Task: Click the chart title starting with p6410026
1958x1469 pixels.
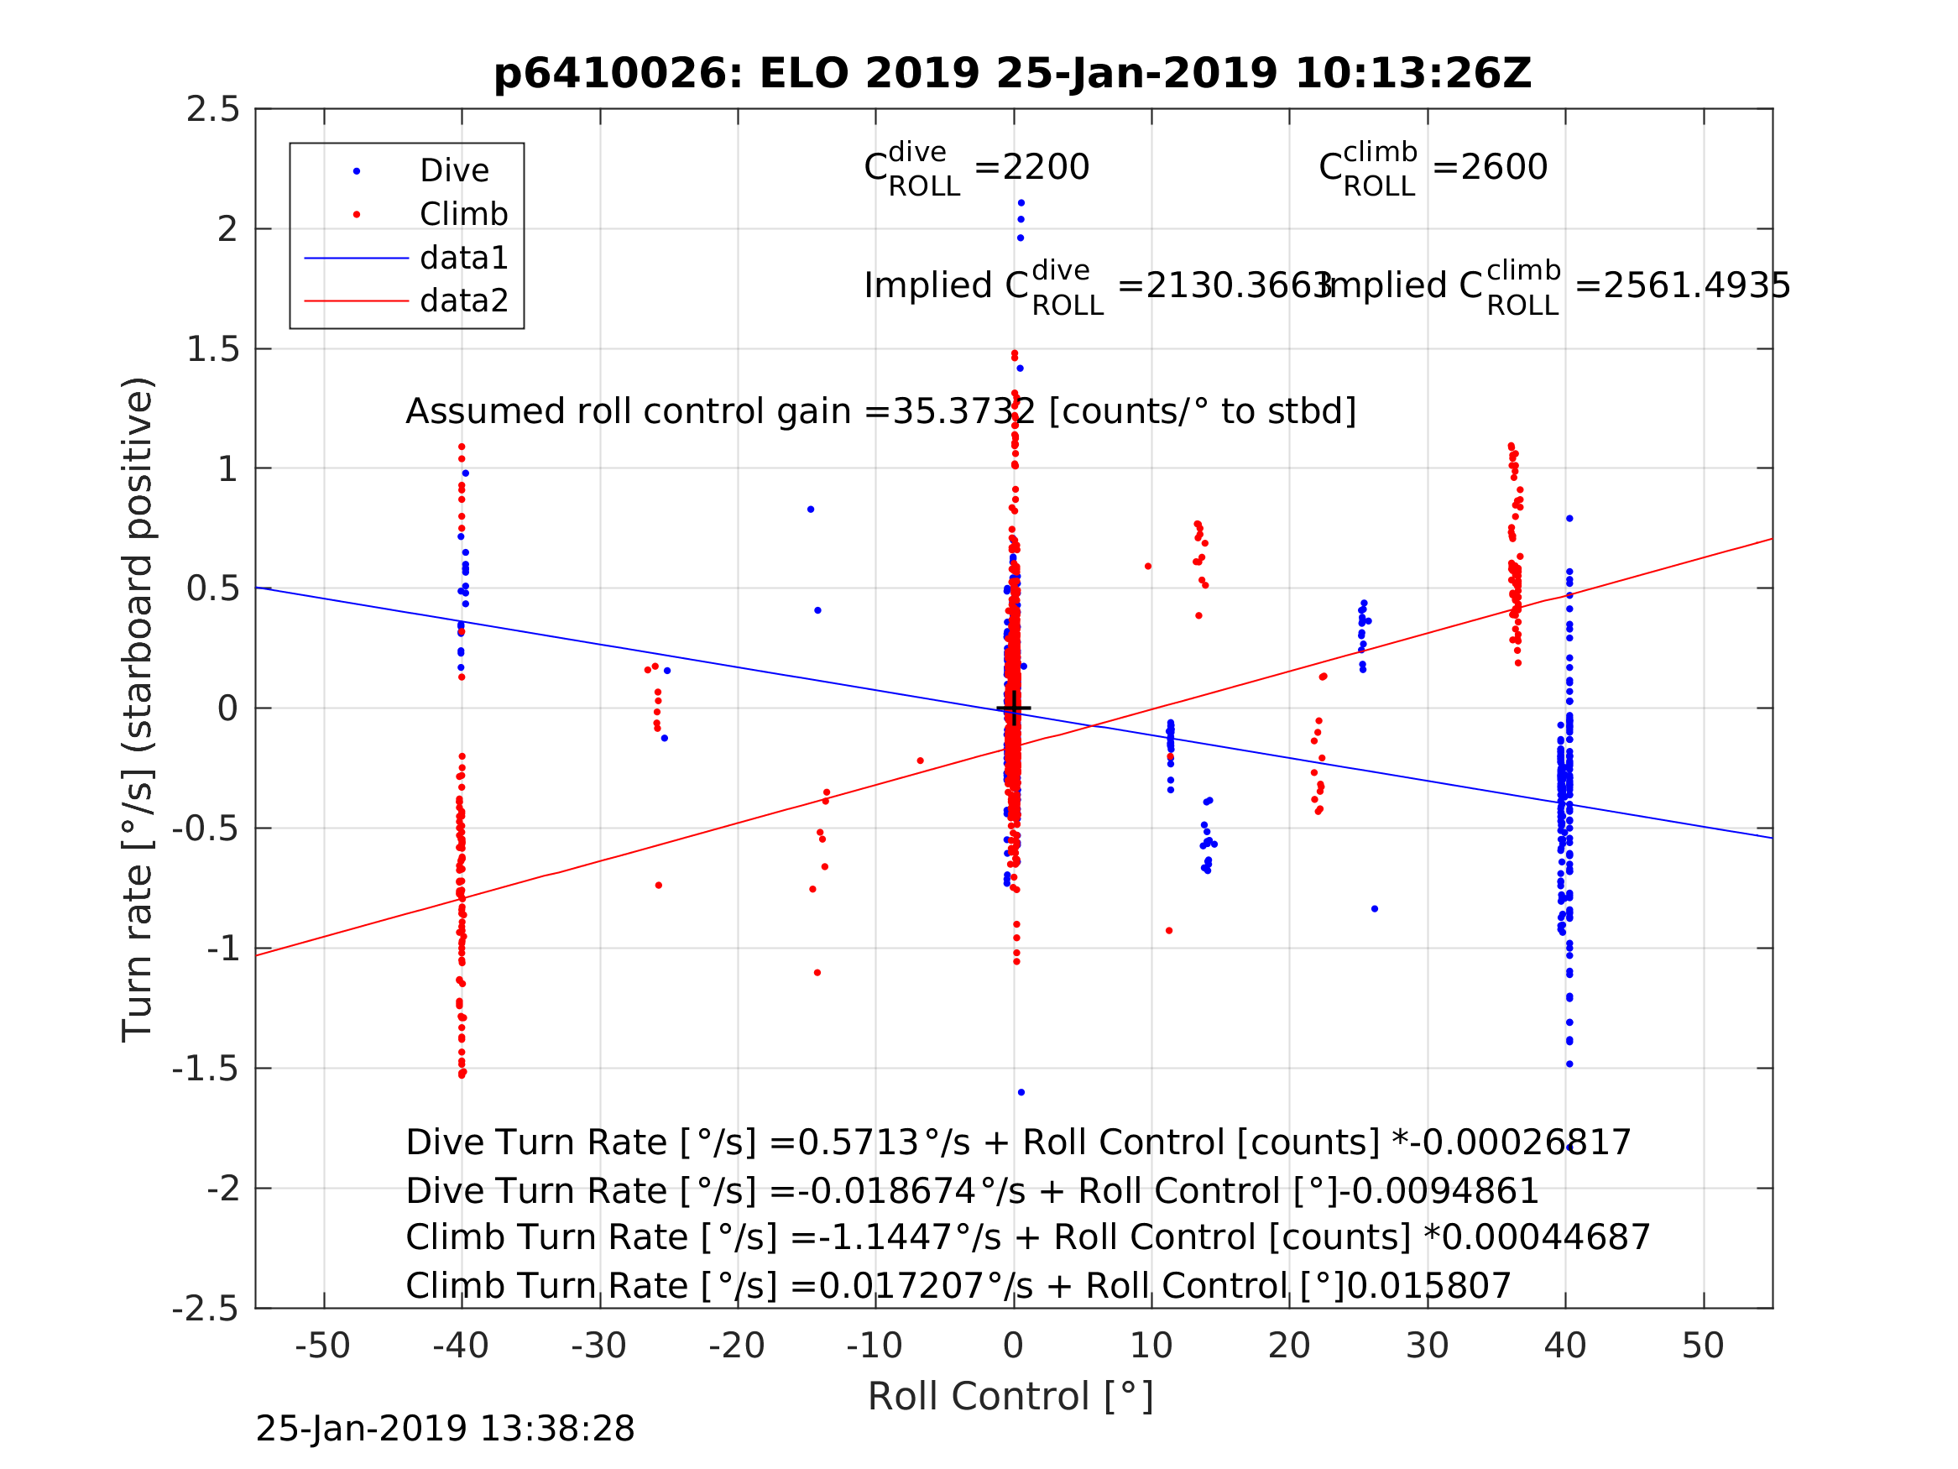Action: click(1012, 74)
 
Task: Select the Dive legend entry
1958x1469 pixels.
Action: click(453, 171)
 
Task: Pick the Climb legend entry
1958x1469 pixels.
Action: click(463, 214)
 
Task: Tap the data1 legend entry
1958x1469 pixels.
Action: click(463, 258)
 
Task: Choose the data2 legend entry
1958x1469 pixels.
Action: click(463, 301)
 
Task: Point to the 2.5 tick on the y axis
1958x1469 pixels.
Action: click(213, 110)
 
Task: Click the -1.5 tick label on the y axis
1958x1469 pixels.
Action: click(206, 1069)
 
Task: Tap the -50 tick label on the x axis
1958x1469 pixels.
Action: click(322, 1346)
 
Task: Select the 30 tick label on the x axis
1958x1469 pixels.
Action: click(1426, 1346)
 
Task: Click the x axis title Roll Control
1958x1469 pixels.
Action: click(1010, 1398)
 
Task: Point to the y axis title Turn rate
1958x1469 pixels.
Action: click(138, 709)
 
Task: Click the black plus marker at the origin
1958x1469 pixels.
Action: click(1014, 708)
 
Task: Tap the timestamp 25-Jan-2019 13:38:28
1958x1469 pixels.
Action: click(444, 1430)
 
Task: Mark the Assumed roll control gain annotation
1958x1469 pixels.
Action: click(880, 412)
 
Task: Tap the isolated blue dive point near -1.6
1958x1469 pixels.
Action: click(1021, 1093)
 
